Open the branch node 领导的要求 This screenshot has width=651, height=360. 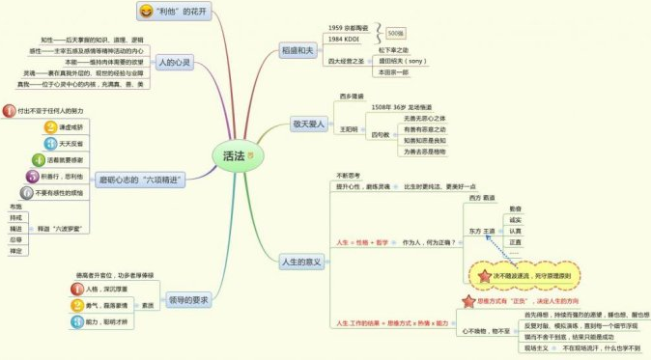point(187,301)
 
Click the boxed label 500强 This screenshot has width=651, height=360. point(395,33)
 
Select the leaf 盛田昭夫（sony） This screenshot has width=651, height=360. point(402,60)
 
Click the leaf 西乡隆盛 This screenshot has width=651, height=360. point(352,97)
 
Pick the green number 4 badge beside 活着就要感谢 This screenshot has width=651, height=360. point(39,159)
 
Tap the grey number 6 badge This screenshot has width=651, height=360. point(28,192)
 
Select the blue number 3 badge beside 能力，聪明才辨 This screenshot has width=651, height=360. point(78,320)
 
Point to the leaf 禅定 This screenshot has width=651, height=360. point(14,251)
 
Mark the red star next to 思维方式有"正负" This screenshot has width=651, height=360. point(468,300)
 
